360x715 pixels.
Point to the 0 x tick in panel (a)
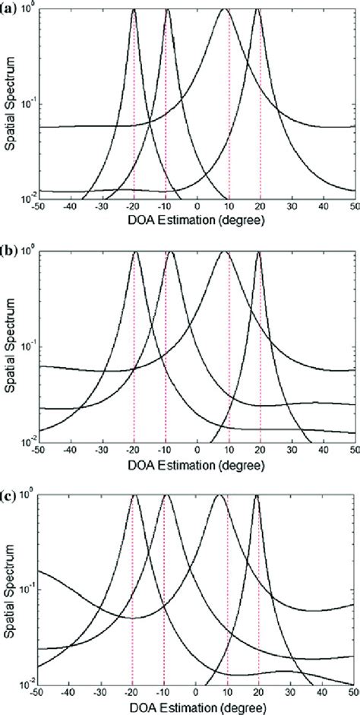(197, 207)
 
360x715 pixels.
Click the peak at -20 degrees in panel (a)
(134, 10)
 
